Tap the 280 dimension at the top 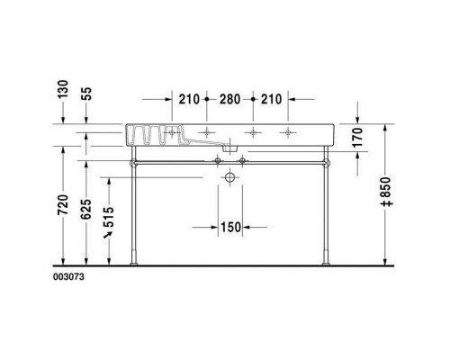(x=231, y=98)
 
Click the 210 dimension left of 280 (x=188, y=98)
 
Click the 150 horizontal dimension (x=231, y=228)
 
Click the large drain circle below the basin (x=231, y=179)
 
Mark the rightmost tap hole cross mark (x=288, y=134)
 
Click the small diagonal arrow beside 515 (x=110, y=234)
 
